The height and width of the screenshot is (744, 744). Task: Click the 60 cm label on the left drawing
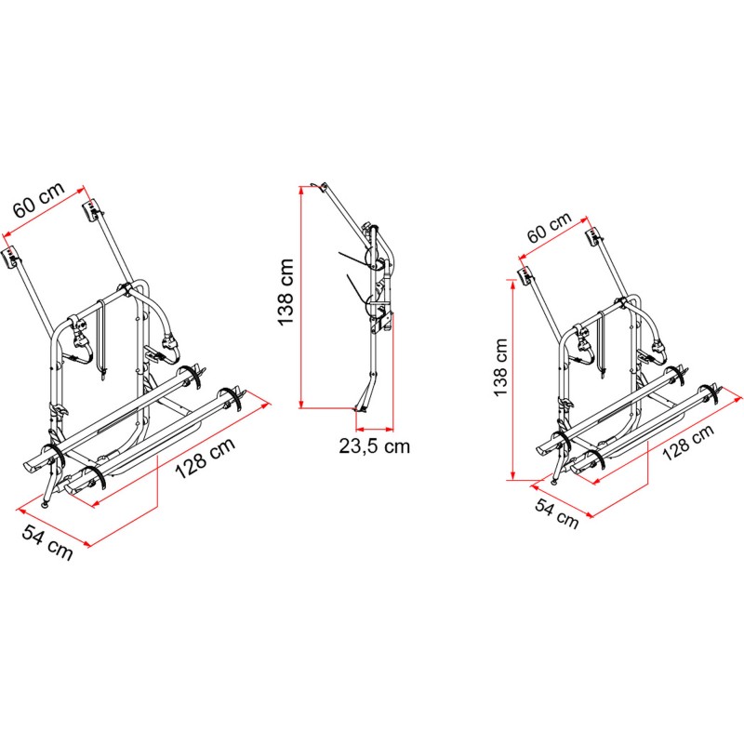39,199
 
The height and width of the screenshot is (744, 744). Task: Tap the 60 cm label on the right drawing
549,227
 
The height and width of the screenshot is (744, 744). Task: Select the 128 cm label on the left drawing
206,458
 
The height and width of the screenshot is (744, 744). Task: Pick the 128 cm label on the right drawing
688,443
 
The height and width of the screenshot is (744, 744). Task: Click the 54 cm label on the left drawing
47,542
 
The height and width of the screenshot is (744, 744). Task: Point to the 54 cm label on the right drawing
556,513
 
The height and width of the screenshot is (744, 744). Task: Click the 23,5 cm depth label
374,446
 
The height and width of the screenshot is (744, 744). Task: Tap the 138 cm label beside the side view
286,292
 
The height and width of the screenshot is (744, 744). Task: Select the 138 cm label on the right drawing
500,367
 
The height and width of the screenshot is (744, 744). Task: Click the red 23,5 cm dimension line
375,430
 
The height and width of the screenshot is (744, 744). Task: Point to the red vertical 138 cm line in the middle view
300,297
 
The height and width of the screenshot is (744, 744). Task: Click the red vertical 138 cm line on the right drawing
512,380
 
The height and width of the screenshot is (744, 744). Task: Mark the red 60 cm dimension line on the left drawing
44,212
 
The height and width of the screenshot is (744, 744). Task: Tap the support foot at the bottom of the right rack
555,481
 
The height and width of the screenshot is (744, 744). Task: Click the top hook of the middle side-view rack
318,186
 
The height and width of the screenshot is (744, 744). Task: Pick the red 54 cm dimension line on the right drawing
562,500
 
